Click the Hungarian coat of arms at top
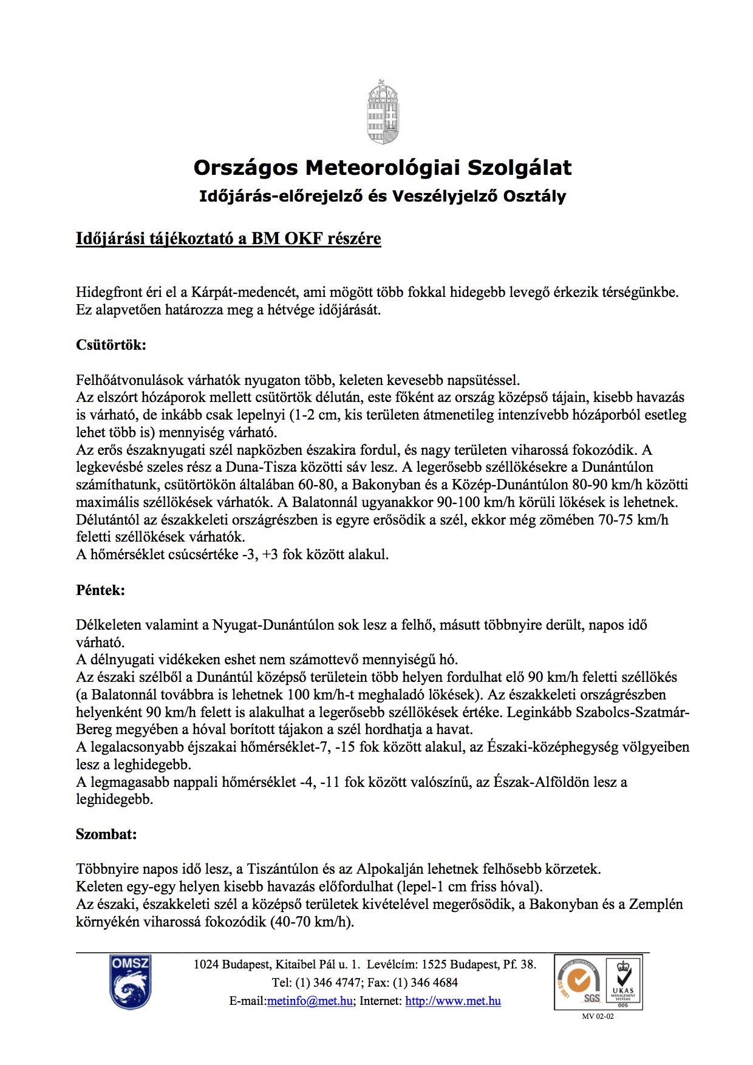(383, 112)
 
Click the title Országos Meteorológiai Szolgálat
(383, 168)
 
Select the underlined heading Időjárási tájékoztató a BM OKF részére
(228, 239)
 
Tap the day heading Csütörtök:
(111, 345)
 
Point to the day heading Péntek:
(100, 590)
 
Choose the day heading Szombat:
(106, 834)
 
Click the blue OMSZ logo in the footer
(131, 982)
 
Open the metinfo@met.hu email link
(310, 1001)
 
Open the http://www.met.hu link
(453, 1001)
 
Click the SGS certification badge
(579, 982)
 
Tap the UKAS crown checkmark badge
(623, 982)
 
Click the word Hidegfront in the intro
(107, 292)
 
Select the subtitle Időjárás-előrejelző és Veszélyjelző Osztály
(383, 196)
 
